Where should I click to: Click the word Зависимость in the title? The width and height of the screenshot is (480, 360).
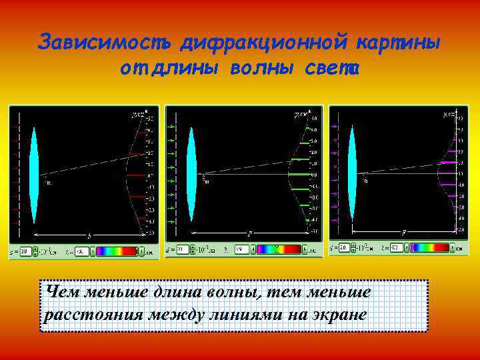pyautogui.click(x=105, y=42)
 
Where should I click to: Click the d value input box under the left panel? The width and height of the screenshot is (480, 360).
pyautogui.click(x=25, y=251)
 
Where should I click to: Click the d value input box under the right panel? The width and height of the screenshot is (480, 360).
pyautogui.click(x=344, y=247)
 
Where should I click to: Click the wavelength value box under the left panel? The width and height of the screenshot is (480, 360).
pyautogui.click(x=81, y=251)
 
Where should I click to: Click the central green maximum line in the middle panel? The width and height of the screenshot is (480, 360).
pyautogui.click(x=299, y=175)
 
